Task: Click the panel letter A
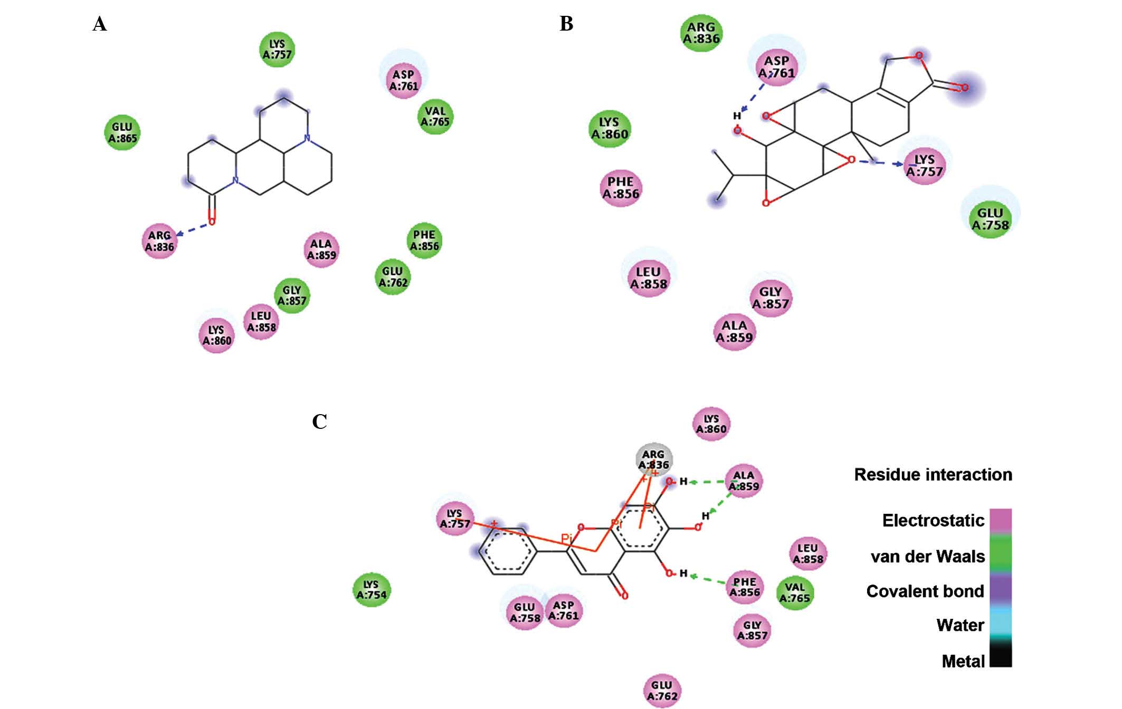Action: (x=99, y=24)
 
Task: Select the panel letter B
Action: (x=566, y=24)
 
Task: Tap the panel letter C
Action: (x=319, y=422)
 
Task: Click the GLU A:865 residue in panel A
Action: (x=122, y=132)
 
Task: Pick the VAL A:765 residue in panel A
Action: (x=435, y=117)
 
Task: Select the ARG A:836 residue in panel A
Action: (x=159, y=241)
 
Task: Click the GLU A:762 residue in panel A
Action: (x=393, y=276)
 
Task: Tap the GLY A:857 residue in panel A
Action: (x=292, y=295)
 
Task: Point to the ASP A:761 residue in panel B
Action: (x=776, y=67)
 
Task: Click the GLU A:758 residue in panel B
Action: (x=990, y=219)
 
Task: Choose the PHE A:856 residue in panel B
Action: (x=621, y=188)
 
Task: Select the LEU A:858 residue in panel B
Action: (x=649, y=278)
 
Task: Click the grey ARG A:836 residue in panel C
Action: (x=654, y=459)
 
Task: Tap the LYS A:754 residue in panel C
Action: (x=372, y=589)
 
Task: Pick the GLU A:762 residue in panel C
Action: (x=662, y=691)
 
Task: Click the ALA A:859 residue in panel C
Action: (x=744, y=481)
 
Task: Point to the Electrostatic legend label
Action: (x=933, y=521)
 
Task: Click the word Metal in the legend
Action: (x=963, y=661)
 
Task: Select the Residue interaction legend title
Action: (x=933, y=475)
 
